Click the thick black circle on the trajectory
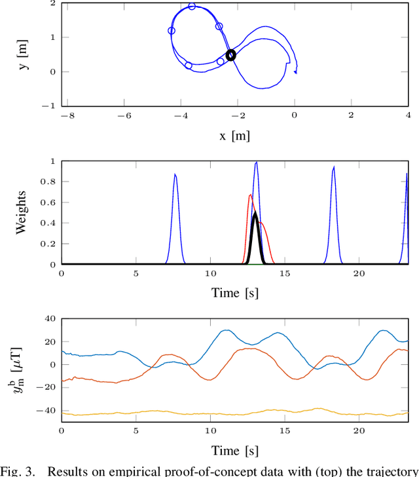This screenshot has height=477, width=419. [x=230, y=55]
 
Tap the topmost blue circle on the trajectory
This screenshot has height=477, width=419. [x=192, y=7]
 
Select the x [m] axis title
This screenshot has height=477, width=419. [x=234, y=136]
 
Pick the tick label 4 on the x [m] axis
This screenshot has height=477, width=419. [x=408, y=116]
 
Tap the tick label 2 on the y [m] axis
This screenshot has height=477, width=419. [x=51, y=4]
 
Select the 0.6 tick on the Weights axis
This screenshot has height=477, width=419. [x=48, y=202]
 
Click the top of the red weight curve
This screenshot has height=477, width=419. [x=250, y=195]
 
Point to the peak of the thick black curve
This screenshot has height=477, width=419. [x=255, y=214]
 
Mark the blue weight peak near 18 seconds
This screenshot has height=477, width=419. [x=334, y=166]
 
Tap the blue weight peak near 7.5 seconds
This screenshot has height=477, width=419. [x=175, y=174]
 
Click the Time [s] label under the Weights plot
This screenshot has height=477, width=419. [x=234, y=293]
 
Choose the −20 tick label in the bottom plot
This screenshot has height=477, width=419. [x=46, y=388]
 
